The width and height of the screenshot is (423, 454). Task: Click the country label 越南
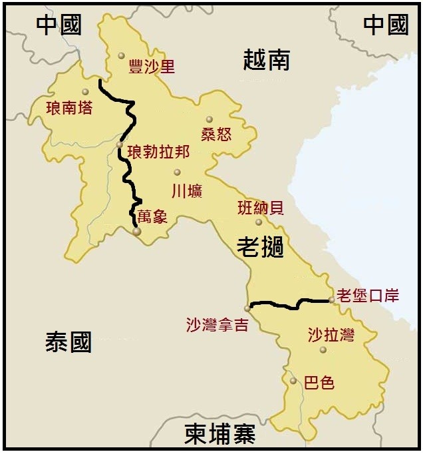coord(266,61)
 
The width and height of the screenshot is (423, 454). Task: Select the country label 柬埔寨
coord(219,434)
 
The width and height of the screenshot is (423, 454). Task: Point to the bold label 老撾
coord(260,248)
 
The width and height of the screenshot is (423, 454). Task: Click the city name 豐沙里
coord(151,67)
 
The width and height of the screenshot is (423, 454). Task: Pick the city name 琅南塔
coord(69,107)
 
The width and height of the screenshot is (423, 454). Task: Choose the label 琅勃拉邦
coord(158,152)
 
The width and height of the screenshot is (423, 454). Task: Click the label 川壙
coord(187,191)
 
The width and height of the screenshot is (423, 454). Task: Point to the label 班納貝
coord(260,208)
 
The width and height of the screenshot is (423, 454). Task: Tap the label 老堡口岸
coord(368,295)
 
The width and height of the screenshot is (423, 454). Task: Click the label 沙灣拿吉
coord(217,324)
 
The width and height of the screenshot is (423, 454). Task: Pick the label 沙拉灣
coord(331,335)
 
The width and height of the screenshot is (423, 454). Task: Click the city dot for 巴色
coord(293,381)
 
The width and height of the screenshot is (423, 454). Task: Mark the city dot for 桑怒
coord(209,120)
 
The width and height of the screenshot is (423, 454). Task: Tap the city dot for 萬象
coord(136,232)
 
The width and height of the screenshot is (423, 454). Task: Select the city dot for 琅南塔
coord(85,92)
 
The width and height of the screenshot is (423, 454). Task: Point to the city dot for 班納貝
coord(259,222)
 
